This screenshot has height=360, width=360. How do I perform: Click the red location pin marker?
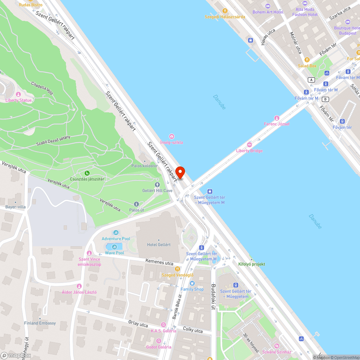click(x=180, y=172)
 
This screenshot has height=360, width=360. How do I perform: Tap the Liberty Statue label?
click(x=18, y=100)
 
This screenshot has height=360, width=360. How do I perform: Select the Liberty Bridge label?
click(x=249, y=150)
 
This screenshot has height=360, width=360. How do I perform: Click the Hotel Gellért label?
click(x=159, y=244)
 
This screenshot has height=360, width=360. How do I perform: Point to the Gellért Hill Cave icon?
click(x=157, y=184)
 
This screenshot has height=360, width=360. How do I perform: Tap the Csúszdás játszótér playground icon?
click(x=87, y=173)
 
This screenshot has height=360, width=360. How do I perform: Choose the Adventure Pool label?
click(x=116, y=239)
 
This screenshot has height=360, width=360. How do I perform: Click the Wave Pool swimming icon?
click(x=114, y=247)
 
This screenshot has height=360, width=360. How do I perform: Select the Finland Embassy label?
click(x=40, y=323)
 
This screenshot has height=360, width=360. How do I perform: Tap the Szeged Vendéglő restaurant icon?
click(x=177, y=269)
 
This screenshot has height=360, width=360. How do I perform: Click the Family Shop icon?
click(x=192, y=283)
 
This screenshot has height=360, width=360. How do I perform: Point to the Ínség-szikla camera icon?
click(x=172, y=136)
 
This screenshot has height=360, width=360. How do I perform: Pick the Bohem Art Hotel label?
click(x=268, y=12)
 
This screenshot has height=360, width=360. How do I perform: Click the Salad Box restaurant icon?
click(x=307, y=60)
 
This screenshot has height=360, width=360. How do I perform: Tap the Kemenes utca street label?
click(x=159, y=262)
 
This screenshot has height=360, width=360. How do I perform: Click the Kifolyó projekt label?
click(x=252, y=264)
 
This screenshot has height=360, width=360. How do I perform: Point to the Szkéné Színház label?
click(x=276, y=352)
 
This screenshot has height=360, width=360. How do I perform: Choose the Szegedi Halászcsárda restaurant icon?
click(x=225, y=11)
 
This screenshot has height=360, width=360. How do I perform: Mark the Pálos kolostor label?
click(x=144, y=166)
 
